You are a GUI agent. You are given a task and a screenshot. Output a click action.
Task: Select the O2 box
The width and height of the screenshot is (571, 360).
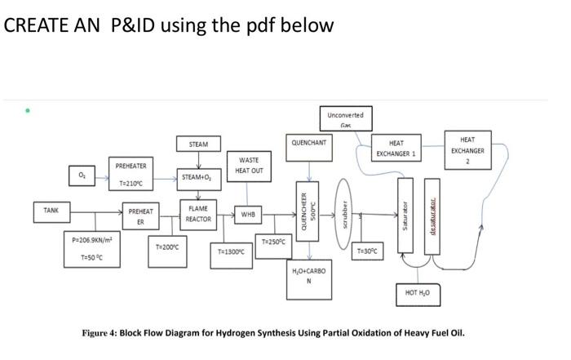[x=80, y=174]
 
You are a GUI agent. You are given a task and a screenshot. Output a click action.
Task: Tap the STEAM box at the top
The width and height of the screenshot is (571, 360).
[x=198, y=144]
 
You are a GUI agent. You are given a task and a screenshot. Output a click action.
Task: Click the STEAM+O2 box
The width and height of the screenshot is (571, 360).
[x=198, y=176]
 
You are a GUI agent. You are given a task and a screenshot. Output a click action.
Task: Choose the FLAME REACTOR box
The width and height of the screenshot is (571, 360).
[x=198, y=214]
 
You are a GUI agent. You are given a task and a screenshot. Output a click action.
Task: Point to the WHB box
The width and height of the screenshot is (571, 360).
[x=248, y=215]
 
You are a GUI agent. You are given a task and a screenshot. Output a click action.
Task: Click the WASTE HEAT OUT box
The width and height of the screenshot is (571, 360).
[x=249, y=165]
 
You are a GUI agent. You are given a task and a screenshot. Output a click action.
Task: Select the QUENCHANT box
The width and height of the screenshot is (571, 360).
[x=308, y=142]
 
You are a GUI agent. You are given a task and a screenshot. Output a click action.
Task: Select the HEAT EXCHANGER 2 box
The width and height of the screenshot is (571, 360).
[x=467, y=150]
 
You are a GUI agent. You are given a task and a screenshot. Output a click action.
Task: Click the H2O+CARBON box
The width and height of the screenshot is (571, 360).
[x=308, y=275]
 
